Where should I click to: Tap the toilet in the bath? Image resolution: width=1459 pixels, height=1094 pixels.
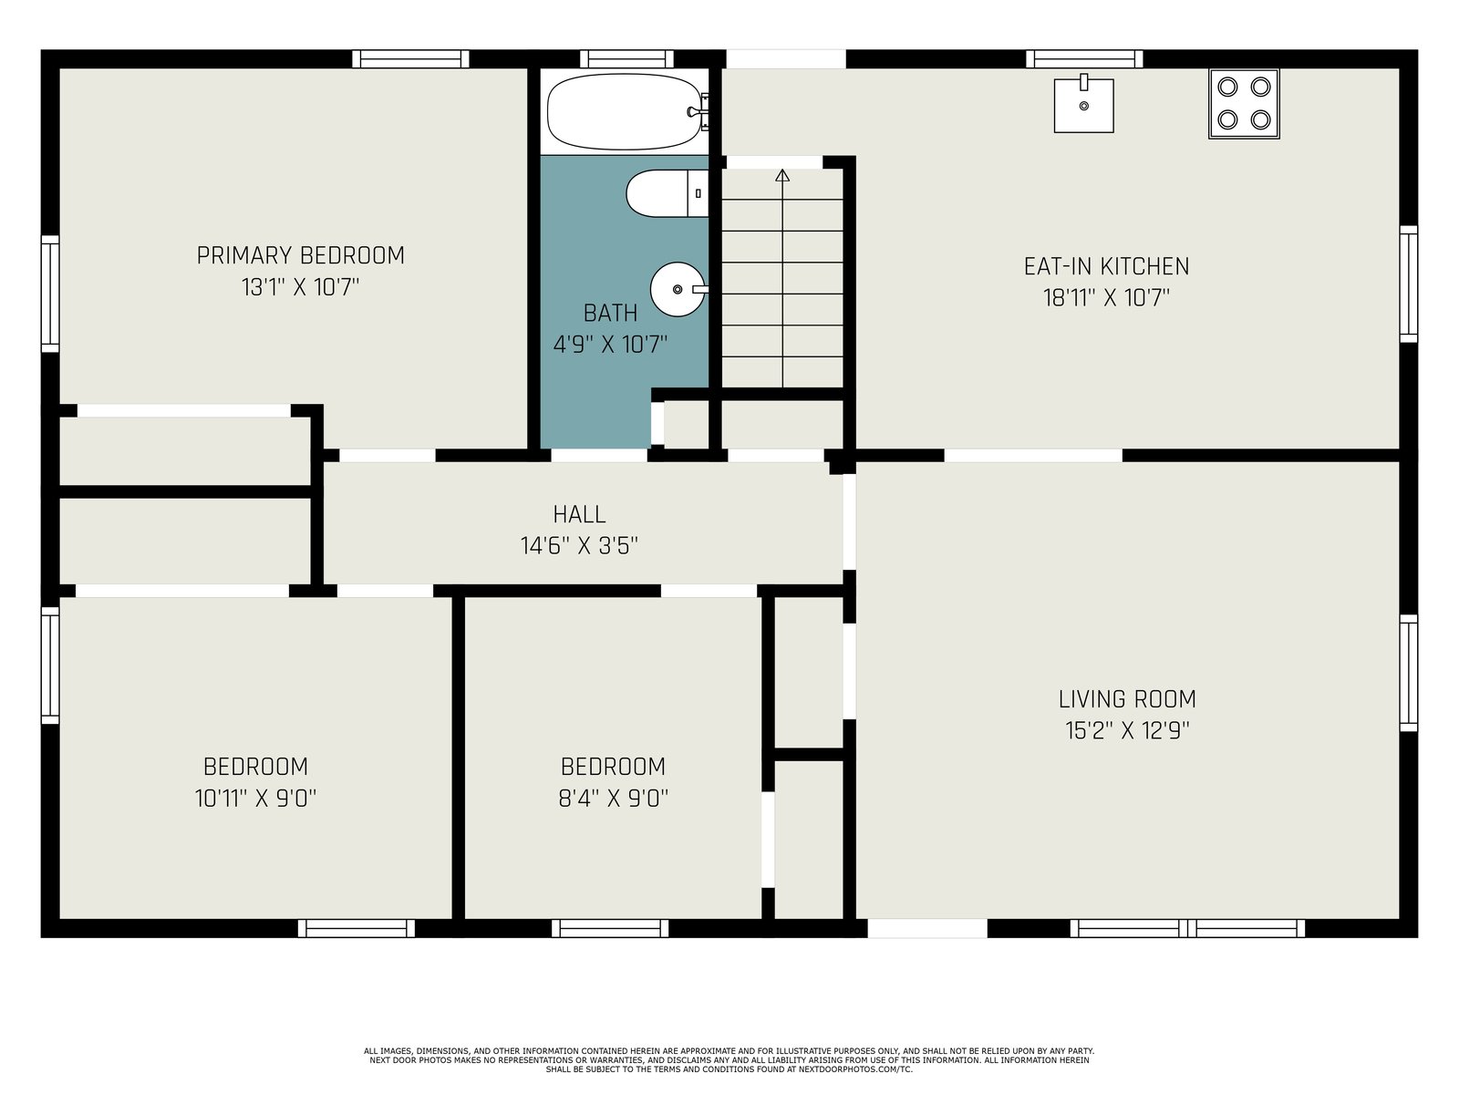pos(667,193)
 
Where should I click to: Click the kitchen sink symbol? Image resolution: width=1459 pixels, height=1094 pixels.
pos(1083,104)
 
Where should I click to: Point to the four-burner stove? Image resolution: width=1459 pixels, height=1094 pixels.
pos(1244,104)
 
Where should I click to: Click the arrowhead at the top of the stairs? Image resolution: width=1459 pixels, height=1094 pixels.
pos(782,175)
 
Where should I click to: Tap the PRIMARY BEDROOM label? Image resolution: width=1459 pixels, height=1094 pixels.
pos(300,256)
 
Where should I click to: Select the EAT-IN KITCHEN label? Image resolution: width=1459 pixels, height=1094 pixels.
pos(1106,266)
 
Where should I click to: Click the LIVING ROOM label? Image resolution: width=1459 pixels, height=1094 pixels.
pos(1127,699)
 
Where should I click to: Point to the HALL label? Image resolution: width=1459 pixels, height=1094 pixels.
pos(579,514)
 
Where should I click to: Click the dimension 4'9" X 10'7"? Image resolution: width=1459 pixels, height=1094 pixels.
pos(610,345)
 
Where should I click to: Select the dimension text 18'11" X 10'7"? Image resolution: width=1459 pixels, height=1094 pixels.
pos(1106,297)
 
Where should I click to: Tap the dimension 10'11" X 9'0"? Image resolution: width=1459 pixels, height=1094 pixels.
pos(255,798)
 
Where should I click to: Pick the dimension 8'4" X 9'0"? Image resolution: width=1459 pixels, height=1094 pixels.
pos(613,798)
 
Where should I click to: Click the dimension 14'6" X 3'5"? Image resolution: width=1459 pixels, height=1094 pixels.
pos(579,546)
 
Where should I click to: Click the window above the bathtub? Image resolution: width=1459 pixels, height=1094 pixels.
pos(626,59)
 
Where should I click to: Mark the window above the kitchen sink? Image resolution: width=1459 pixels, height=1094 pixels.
pos(1084,59)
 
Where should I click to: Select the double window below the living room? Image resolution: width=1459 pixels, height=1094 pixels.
pos(1187,928)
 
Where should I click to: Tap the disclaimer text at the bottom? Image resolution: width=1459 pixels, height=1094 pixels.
pos(729,1060)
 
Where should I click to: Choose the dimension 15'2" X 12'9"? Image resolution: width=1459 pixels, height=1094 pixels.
pos(1127,730)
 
